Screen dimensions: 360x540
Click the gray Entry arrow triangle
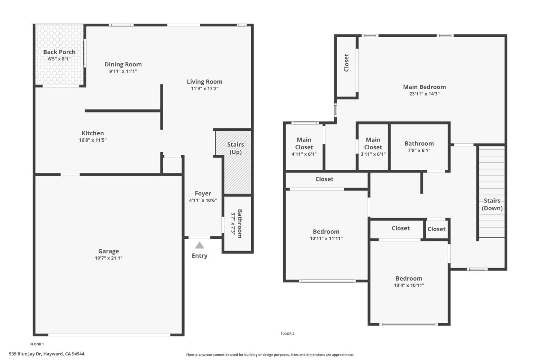pos(199,245)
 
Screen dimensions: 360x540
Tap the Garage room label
pos(108,251)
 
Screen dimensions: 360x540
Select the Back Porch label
pos(59,52)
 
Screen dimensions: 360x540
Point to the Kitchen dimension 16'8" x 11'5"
pos(93,140)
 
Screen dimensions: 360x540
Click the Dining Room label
pos(123,64)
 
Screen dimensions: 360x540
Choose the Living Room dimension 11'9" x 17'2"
pos(204,88)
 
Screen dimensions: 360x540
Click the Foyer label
pos(202,193)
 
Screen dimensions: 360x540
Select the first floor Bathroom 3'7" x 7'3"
pos(237,223)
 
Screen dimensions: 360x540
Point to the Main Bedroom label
pos(424,87)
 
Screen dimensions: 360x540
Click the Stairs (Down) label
pos(492,204)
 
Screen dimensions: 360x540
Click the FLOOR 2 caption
pos(287,334)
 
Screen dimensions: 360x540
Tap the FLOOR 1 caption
pos(37,344)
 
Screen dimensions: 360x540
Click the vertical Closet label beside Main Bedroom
pos(346,63)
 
